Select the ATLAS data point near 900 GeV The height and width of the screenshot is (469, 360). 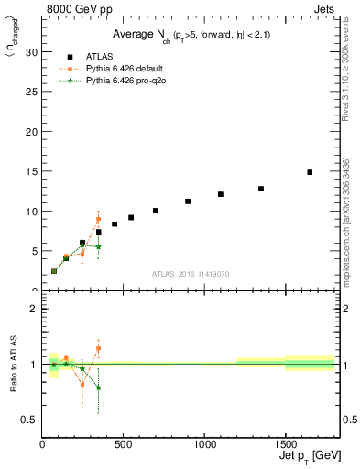pyautogui.click(x=188, y=202)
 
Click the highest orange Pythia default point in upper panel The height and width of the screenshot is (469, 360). pyautogui.click(x=98, y=220)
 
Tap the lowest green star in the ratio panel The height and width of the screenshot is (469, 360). pyautogui.click(x=98, y=387)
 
